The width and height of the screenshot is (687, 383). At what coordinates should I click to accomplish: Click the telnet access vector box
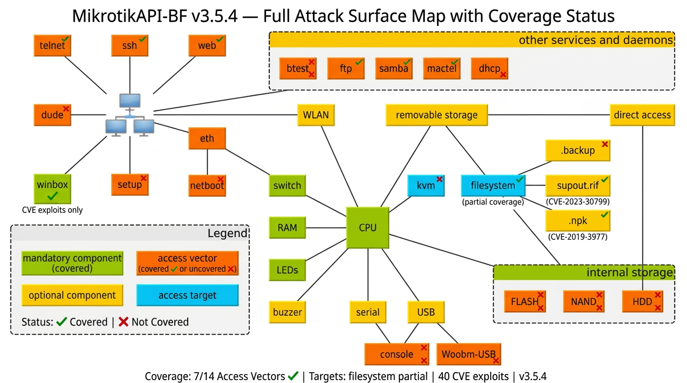(52, 45)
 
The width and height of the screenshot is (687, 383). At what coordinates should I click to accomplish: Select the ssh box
(129, 45)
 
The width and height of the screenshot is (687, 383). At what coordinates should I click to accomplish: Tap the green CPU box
(367, 228)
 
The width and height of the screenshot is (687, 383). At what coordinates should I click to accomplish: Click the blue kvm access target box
(426, 186)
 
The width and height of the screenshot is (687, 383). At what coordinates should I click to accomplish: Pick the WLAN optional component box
(316, 115)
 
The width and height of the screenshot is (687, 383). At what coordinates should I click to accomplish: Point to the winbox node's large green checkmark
(52, 196)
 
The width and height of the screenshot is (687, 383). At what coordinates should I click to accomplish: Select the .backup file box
(578, 151)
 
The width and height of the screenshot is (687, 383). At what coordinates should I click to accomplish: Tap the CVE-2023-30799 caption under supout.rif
(578, 202)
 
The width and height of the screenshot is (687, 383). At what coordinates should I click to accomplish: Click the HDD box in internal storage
(643, 302)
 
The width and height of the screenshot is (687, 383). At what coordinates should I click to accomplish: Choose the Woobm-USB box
(468, 355)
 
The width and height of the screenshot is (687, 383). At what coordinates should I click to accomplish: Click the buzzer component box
(287, 313)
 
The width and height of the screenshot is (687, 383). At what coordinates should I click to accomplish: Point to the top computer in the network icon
(130, 101)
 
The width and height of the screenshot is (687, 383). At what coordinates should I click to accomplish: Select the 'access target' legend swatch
(187, 295)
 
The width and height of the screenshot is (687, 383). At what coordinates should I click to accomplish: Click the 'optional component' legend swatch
(72, 295)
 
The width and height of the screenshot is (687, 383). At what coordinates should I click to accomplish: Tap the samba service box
(394, 69)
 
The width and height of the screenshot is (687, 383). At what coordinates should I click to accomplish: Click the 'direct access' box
(642, 115)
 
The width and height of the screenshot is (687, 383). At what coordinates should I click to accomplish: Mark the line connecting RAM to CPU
(326, 228)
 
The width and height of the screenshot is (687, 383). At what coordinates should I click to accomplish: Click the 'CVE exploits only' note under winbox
(52, 210)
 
